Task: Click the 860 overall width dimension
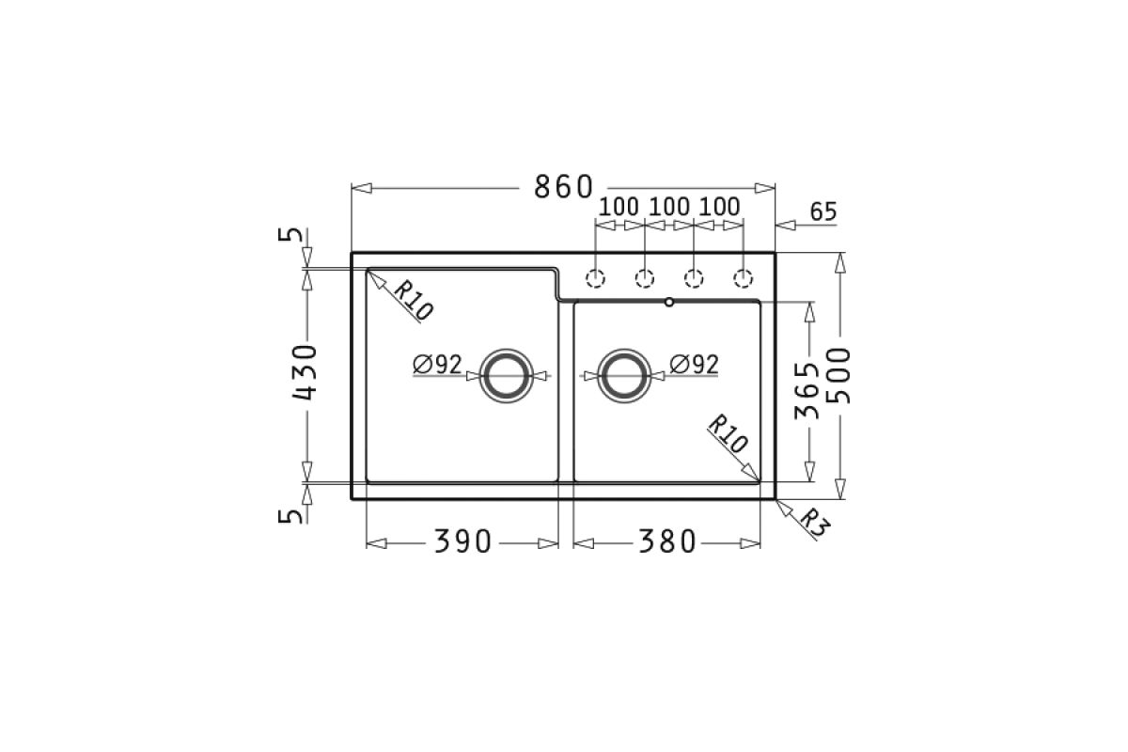[x=563, y=187]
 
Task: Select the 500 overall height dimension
[x=838, y=375]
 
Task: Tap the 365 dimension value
[x=807, y=391]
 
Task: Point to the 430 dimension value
[x=305, y=373]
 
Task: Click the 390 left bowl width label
[x=462, y=542]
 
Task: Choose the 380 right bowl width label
[x=666, y=542]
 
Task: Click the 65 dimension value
[x=823, y=211]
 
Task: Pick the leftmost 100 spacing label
[x=619, y=207]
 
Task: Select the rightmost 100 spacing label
[x=720, y=207]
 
